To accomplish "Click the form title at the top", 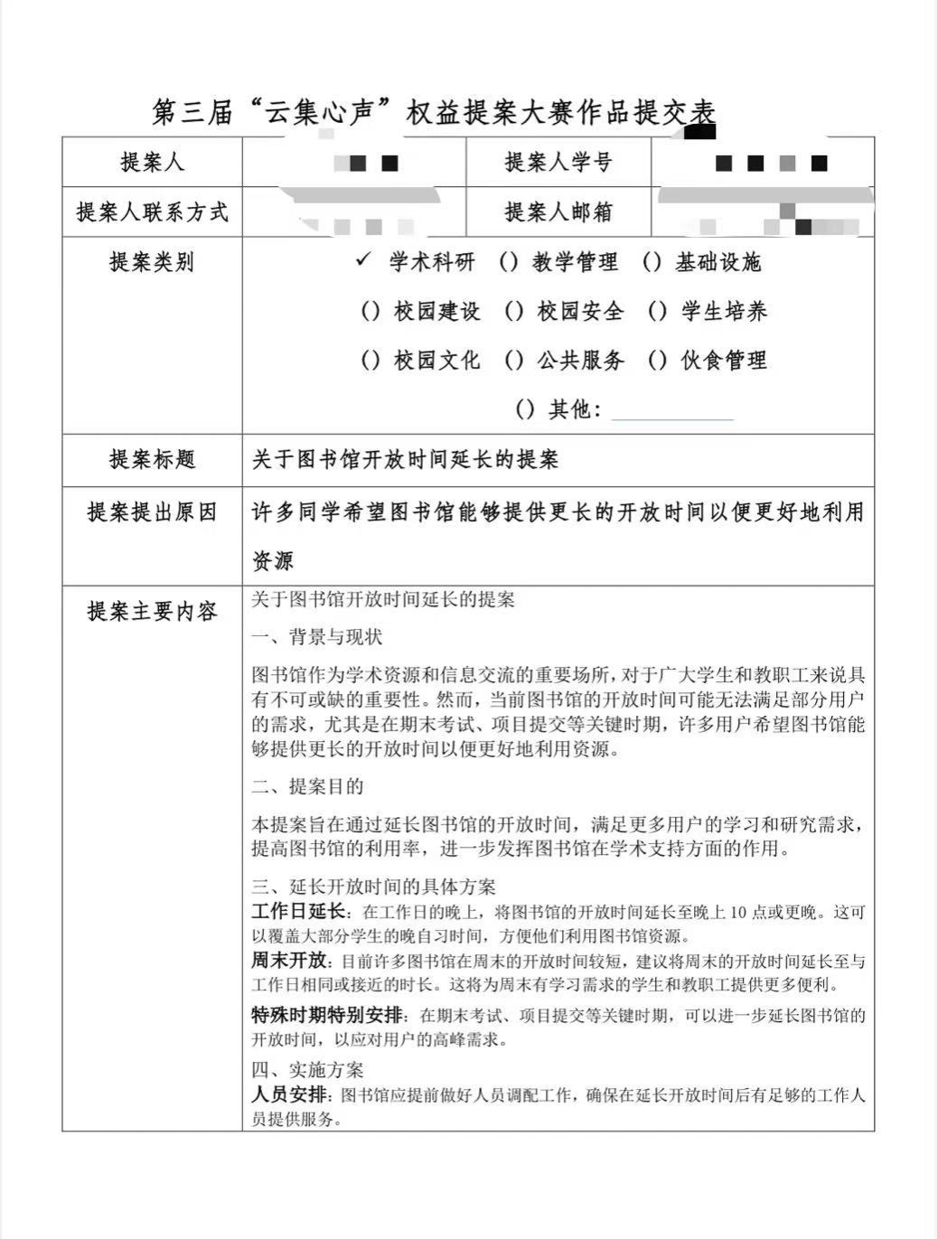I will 434,112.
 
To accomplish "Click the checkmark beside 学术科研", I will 363,260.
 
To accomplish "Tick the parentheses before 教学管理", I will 509,262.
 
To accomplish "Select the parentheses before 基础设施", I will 652,262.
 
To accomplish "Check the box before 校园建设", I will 371,311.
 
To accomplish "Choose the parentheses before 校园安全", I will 513,311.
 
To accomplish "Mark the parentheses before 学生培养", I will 657,311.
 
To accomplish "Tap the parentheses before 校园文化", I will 371,360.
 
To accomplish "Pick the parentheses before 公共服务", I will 513,360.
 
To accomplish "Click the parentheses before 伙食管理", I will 657,360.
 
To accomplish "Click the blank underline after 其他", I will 672,411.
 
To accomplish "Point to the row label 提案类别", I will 151,262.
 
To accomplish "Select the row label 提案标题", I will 152,459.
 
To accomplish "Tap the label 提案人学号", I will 558,163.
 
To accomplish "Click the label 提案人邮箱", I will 558,211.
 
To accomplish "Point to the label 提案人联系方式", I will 152,212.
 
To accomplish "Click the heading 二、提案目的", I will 307,786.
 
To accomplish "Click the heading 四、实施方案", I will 307,1070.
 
